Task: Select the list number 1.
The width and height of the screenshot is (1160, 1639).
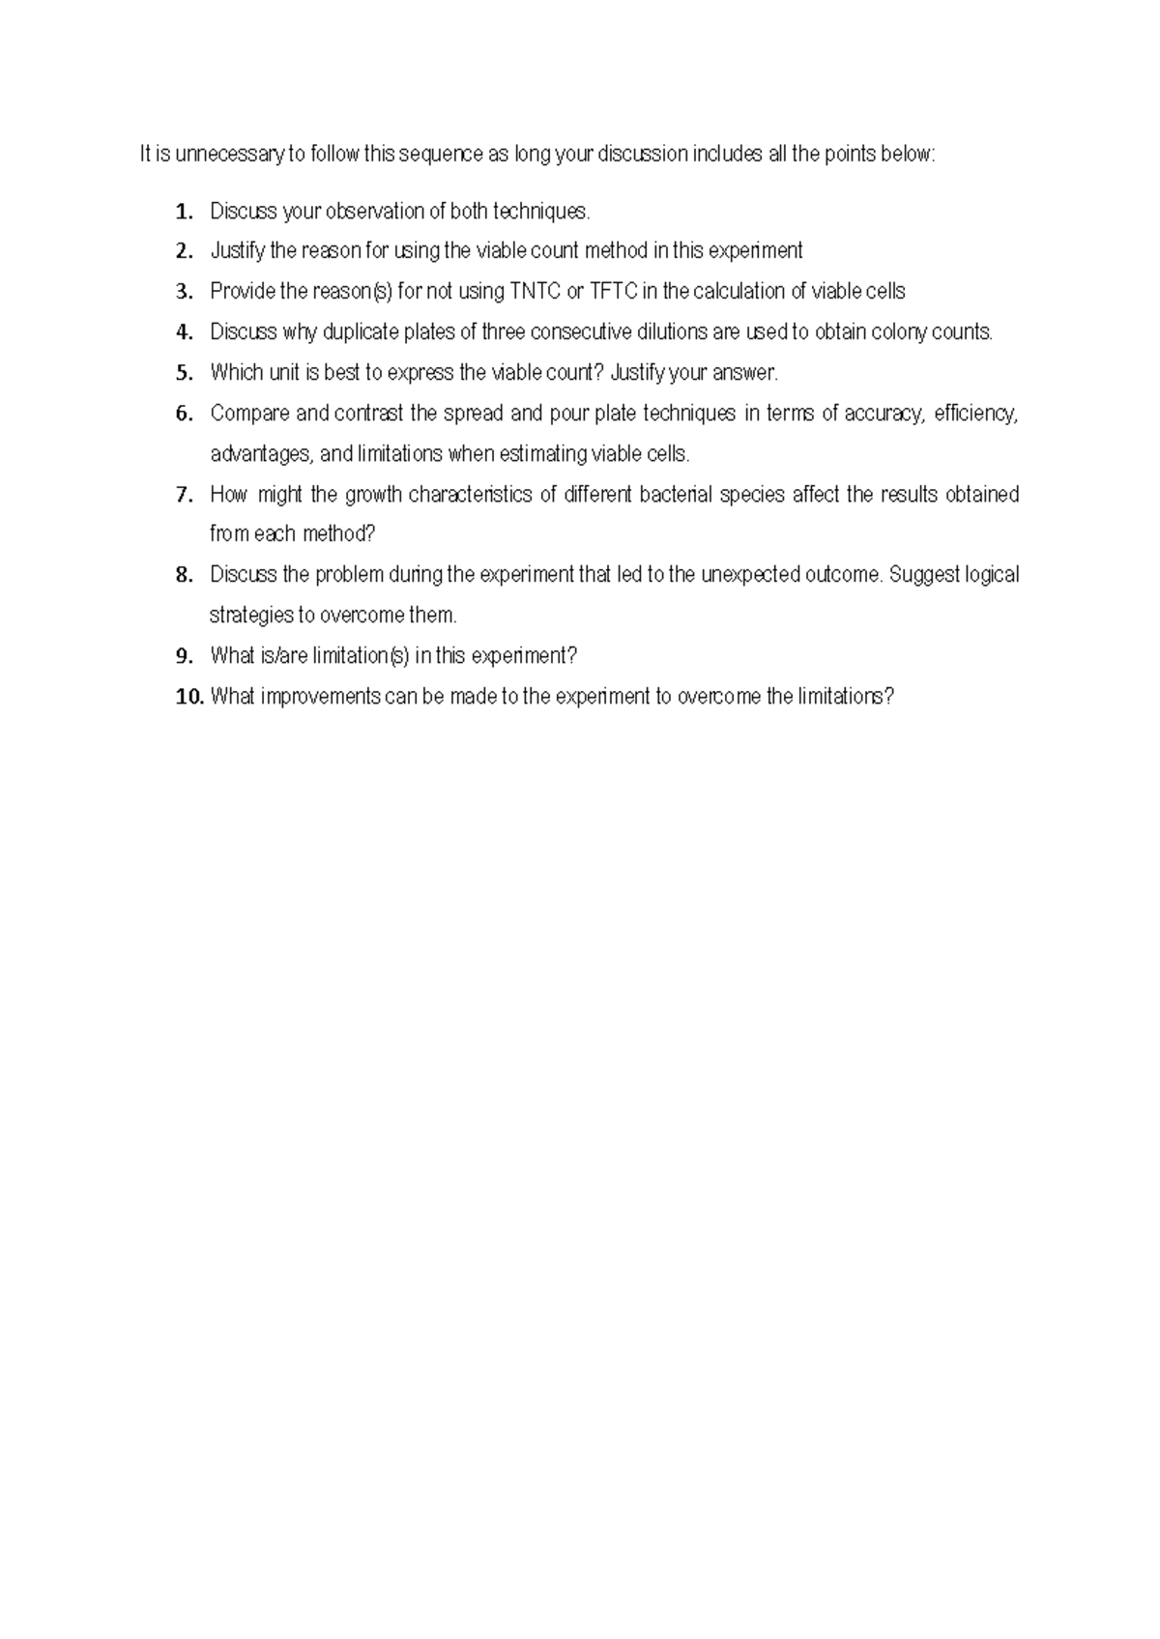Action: pos(184,212)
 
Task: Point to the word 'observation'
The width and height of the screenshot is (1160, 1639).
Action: pos(372,211)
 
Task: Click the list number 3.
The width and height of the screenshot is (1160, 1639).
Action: pos(184,293)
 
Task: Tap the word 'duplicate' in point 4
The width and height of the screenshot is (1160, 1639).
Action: pos(358,332)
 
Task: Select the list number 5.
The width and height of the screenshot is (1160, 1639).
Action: pos(184,374)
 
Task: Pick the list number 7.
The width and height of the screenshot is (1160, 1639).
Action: pos(184,496)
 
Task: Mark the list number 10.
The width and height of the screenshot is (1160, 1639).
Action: pos(189,698)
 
